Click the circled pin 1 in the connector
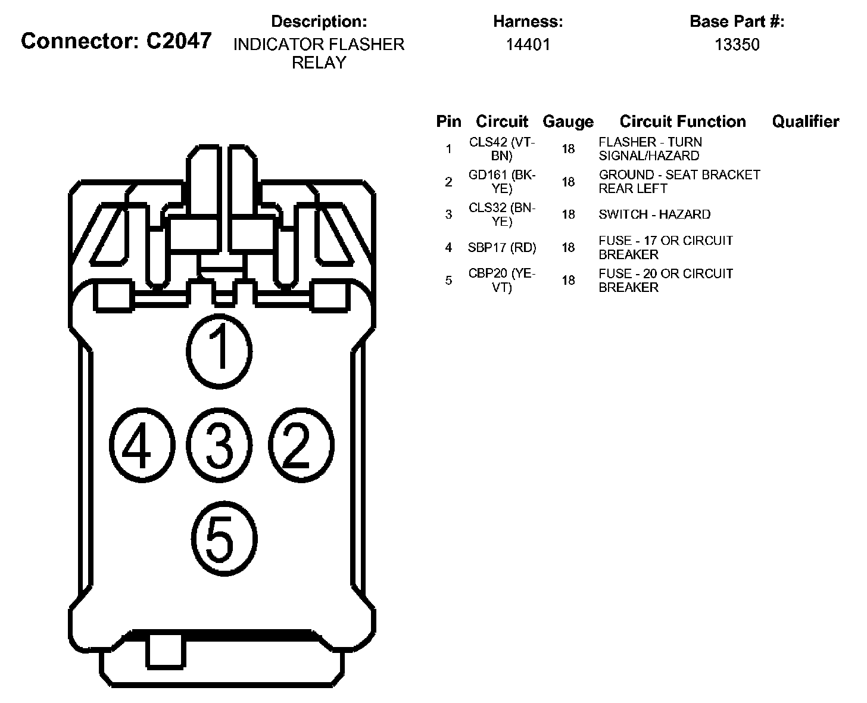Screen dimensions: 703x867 point(220,351)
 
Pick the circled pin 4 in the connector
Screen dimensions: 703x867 point(141,445)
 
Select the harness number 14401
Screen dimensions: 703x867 point(528,45)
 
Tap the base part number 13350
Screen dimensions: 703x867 point(737,45)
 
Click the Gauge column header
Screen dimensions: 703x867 point(568,122)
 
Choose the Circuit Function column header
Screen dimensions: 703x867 point(682,122)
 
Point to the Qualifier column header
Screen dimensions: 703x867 point(805,122)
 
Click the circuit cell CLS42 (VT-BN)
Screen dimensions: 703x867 point(502,149)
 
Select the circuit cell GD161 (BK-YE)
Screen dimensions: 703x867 point(502,182)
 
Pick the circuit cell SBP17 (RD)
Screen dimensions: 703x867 point(502,247)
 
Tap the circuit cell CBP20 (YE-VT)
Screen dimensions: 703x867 point(502,280)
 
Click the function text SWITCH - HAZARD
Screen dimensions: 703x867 point(654,214)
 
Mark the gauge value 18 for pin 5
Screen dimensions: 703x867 point(568,280)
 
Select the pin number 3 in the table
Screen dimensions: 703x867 point(448,214)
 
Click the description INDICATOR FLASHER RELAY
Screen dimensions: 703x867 point(319,54)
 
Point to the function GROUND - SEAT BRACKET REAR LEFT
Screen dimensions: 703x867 point(679,182)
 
